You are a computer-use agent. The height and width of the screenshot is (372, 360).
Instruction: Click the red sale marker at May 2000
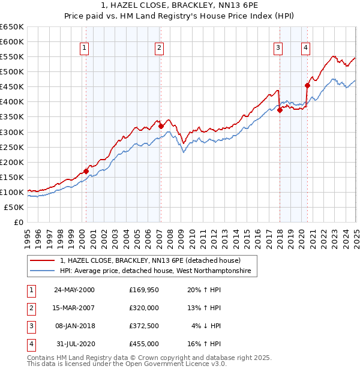(86, 171)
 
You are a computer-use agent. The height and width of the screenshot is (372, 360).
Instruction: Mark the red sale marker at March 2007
(161, 126)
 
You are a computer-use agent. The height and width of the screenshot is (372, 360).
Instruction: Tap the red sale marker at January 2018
(280, 110)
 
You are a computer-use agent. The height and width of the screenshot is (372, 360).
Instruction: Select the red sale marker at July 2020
(307, 85)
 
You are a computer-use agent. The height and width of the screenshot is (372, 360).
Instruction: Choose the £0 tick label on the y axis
(17, 222)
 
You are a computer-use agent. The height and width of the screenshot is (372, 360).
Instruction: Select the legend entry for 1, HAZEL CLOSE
(150, 261)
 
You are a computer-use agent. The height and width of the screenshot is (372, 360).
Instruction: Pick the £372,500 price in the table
(144, 326)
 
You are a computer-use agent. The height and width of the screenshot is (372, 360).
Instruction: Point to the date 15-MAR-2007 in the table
(74, 308)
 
